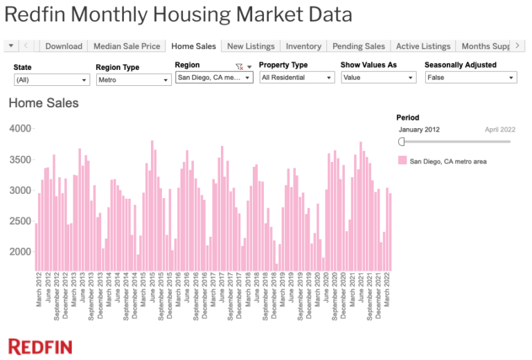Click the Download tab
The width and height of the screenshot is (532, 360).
click(64, 46)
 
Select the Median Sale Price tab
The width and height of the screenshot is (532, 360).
click(127, 46)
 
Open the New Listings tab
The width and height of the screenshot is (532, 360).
click(251, 46)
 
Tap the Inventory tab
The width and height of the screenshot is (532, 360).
click(303, 46)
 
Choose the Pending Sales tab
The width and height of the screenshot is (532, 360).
click(358, 46)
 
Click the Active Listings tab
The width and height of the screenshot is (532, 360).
click(423, 46)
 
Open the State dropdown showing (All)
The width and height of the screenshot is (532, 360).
click(52, 80)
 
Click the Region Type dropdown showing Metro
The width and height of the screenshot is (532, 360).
click(133, 80)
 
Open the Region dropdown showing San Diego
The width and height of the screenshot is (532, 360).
click(215, 78)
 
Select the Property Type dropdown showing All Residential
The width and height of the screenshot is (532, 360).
click(296, 78)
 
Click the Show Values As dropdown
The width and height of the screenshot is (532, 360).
click(378, 78)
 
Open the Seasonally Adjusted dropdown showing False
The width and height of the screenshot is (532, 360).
click(470, 78)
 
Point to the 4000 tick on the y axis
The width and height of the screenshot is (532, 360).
click(21, 129)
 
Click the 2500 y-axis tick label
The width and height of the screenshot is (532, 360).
click(21, 221)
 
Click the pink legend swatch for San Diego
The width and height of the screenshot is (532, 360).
click(402, 161)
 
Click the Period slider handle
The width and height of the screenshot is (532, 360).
click(402, 141)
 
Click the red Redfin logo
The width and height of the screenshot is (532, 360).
click(40, 346)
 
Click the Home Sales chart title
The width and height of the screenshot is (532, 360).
click(44, 103)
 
